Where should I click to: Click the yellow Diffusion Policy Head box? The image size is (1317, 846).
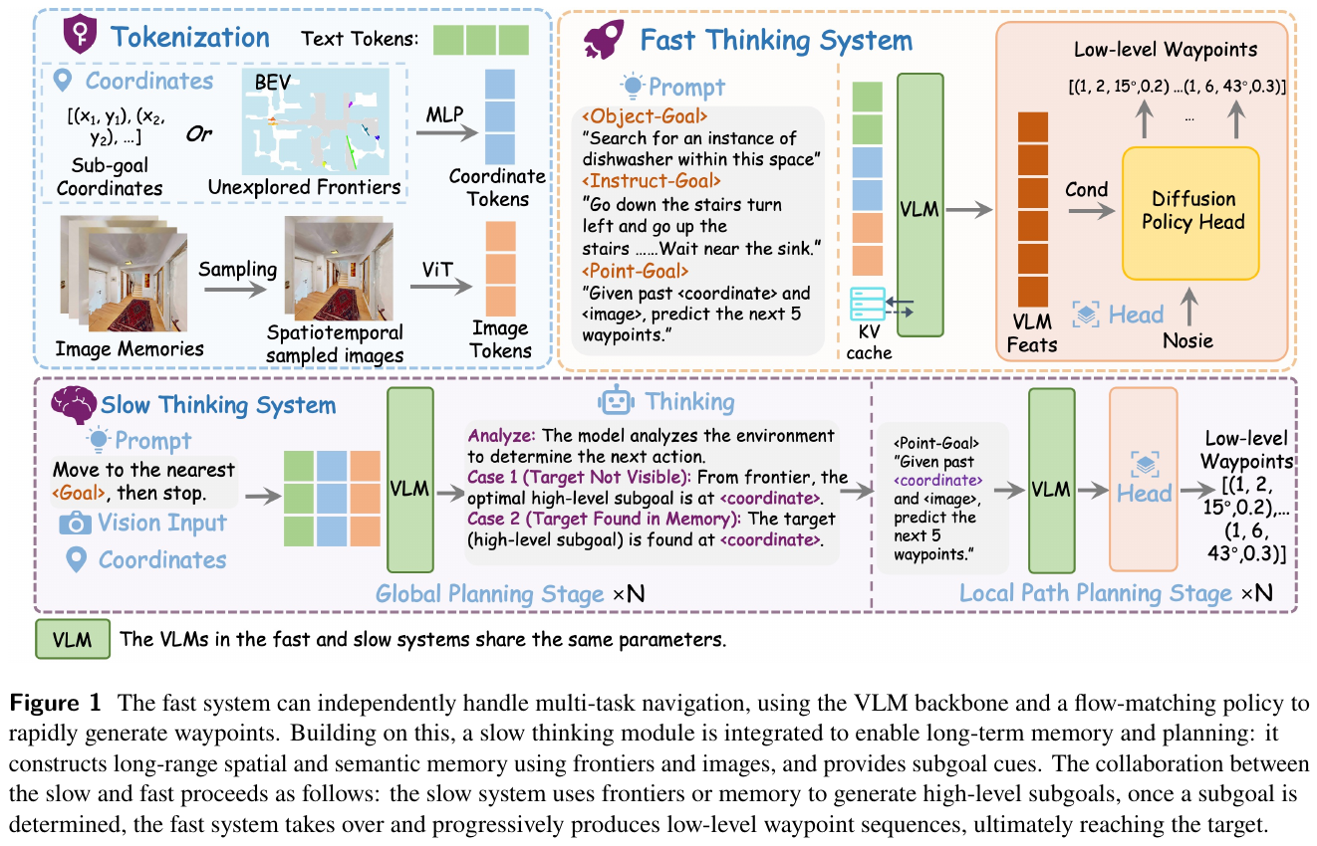tap(1190, 213)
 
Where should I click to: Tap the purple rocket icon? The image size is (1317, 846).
tap(604, 40)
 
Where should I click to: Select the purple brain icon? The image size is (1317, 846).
tap(74, 404)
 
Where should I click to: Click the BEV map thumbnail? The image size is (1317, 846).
tap(316, 121)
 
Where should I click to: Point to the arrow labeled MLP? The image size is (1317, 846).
tap(447, 133)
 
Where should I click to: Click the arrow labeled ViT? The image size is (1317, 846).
tap(441, 287)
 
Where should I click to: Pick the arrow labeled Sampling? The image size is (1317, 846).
tap(235, 290)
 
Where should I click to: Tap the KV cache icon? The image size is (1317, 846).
tap(868, 304)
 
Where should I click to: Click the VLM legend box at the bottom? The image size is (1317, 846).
tap(73, 639)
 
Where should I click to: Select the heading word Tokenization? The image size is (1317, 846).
tap(190, 38)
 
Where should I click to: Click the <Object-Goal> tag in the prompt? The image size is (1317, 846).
tap(645, 116)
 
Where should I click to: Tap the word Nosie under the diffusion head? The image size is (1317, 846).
tap(1187, 340)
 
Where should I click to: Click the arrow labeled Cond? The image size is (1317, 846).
tap(1092, 211)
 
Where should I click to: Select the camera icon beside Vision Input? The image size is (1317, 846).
tap(76, 523)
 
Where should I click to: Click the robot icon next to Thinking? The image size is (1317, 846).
tap(617, 402)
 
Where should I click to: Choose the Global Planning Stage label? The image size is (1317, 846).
tap(490, 593)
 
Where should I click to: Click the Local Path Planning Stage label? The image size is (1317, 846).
tap(1096, 593)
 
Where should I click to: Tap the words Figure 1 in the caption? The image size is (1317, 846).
tap(55, 704)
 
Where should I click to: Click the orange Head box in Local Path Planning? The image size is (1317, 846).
tap(1144, 480)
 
